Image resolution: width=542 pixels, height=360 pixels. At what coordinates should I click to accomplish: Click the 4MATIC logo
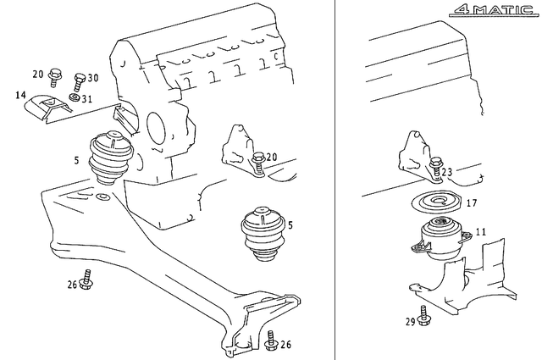point(494,10)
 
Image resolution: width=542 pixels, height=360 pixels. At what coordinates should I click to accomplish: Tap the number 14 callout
point(20,95)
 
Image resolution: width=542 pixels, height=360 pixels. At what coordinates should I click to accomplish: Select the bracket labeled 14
point(47,108)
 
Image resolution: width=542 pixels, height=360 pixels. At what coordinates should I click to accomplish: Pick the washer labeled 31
point(74,97)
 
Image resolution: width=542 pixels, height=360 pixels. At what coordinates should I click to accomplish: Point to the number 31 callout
point(87,99)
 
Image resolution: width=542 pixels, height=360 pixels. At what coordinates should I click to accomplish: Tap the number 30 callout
point(92,78)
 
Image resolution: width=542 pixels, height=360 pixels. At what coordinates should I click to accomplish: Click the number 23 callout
point(446,171)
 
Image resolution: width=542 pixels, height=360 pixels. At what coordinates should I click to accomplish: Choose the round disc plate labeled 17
point(436,202)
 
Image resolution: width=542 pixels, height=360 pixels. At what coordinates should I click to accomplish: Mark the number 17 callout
point(472,202)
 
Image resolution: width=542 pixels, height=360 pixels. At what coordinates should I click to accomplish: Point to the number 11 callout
point(481,231)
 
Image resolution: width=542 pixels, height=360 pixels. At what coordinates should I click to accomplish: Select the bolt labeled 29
point(423,315)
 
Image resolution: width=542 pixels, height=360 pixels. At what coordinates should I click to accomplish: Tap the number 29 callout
point(410,322)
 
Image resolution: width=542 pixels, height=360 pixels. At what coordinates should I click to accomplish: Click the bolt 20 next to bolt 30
point(54,77)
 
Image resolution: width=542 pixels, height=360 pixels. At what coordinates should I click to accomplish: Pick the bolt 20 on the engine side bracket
point(257,163)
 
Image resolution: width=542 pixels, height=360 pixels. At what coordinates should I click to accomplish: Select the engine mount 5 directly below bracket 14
point(111,157)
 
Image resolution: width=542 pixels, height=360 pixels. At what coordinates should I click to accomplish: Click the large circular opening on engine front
point(158,126)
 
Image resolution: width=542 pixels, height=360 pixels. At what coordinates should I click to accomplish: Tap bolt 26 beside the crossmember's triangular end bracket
point(272,341)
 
